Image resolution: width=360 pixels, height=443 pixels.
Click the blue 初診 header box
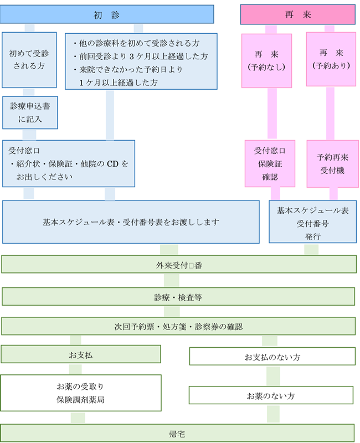pyautogui.click(x=107, y=14)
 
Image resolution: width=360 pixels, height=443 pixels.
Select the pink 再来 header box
pyautogui.click(x=297, y=14)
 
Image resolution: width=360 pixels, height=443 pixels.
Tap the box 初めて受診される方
pyautogui.click(x=29, y=59)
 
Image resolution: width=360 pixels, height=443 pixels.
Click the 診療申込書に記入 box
pyautogui.click(x=29, y=112)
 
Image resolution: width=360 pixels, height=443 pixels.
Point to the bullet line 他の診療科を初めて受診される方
pyautogui.click(x=136, y=43)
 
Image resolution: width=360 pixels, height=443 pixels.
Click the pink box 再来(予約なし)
pyautogui.click(x=266, y=60)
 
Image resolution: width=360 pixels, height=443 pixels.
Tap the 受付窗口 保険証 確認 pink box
pyautogui.click(x=270, y=163)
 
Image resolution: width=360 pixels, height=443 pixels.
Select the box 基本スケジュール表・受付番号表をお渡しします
pyautogui.click(x=131, y=222)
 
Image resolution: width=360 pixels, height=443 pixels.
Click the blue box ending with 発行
pyautogui.click(x=312, y=222)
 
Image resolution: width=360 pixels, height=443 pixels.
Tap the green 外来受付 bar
pyautogui.click(x=178, y=264)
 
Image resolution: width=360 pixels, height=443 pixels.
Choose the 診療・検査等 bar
pyautogui.click(x=178, y=297)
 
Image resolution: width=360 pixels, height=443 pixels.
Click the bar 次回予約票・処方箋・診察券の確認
pyautogui.click(x=178, y=326)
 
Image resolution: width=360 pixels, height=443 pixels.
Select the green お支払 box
pyautogui.click(x=81, y=354)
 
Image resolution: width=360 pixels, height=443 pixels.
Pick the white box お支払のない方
pyautogui.click(x=272, y=357)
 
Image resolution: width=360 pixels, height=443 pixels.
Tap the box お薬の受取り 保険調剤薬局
pyautogui.click(x=81, y=393)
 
